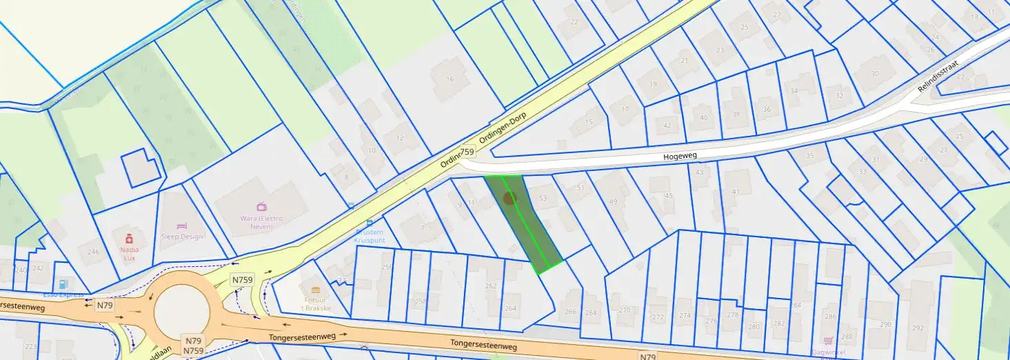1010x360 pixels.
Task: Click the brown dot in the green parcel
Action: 509,199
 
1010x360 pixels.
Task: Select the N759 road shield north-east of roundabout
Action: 242,280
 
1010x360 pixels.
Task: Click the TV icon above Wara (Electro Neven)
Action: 262,206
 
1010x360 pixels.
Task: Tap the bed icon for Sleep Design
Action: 182,226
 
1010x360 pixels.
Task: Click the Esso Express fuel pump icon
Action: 64,283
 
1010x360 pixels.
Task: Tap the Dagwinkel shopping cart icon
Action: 828,340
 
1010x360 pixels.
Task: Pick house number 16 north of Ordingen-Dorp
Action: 450,79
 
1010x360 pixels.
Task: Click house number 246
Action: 93,252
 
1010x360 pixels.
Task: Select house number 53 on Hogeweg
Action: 543,199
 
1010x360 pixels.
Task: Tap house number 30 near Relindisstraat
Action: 875,74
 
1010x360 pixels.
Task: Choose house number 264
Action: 511,308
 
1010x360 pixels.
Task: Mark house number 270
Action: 625,310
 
